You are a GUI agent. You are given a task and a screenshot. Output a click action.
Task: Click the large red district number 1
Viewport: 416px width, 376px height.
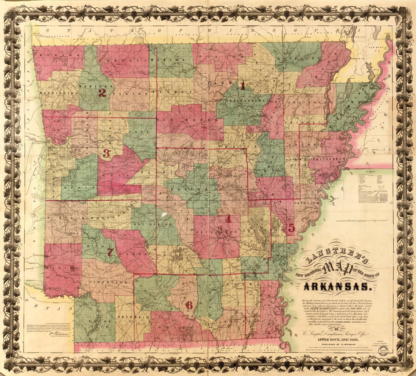(242, 86)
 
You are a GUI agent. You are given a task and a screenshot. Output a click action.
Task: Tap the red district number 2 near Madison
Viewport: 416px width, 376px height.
(102, 92)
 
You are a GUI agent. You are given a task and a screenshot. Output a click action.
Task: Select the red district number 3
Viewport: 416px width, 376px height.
(106, 153)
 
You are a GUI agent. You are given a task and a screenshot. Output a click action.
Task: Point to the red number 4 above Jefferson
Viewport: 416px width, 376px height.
(228, 219)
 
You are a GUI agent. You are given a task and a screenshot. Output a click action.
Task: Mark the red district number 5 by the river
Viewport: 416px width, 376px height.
(291, 228)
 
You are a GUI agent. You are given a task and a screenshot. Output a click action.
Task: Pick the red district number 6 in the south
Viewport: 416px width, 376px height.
(189, 304)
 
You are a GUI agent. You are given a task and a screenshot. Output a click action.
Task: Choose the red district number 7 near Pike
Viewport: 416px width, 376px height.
(110, 252)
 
